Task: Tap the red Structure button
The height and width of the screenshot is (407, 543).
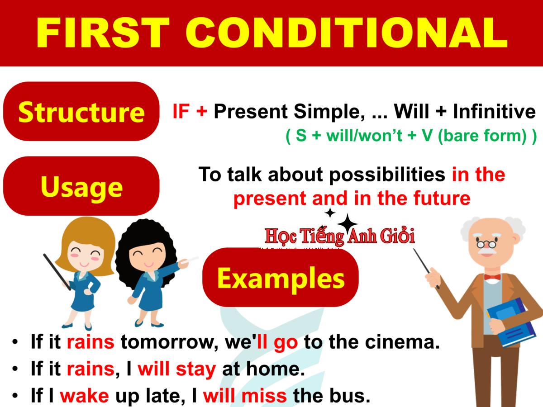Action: tap(81, 112)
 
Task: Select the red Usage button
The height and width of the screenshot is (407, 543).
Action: tap(81, 186)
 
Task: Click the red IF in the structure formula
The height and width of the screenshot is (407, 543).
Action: tap(181, 112)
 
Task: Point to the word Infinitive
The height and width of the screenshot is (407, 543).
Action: tap(494, 112)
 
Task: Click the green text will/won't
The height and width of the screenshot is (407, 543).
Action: tap(364, 136)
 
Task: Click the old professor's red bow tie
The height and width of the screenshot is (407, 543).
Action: tap(492, 277)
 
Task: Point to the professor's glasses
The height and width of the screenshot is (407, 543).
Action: tap(487, 244)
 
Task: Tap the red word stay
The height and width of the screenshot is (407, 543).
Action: tap(196, 369)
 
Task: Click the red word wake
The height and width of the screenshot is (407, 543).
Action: tap(84, 396)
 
